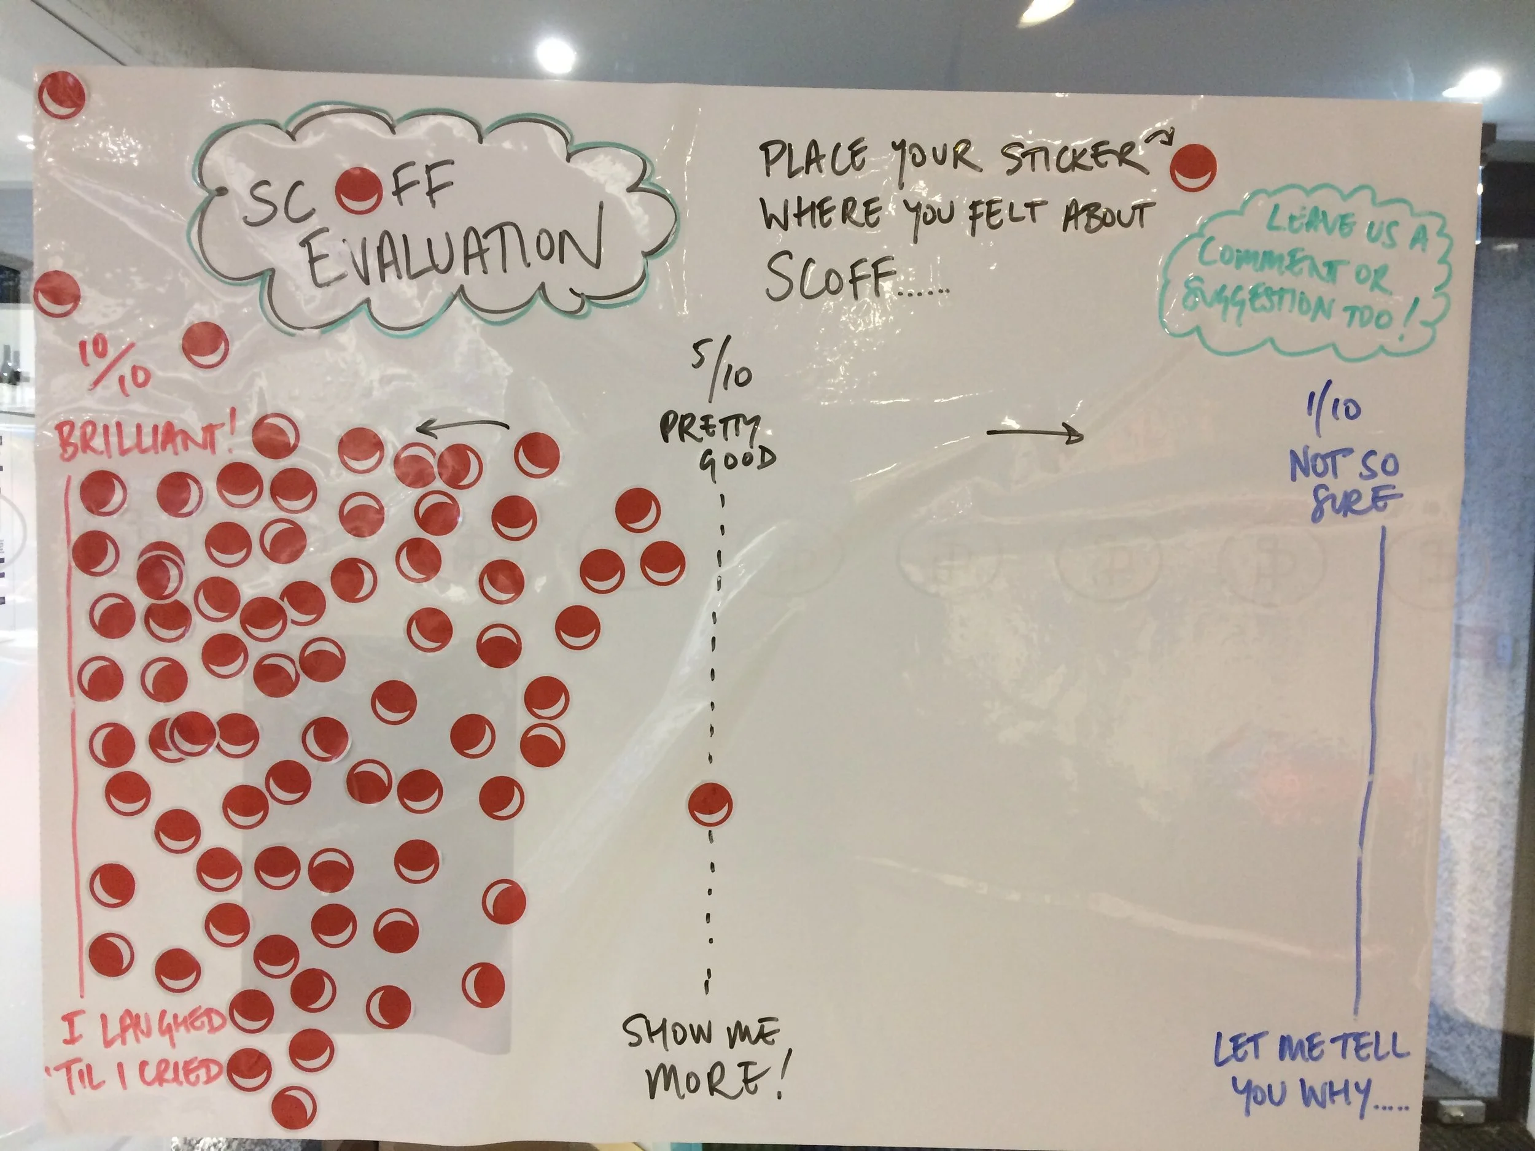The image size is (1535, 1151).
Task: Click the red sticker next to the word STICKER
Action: (1193, 167)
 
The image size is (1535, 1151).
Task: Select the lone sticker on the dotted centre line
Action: (710, 805)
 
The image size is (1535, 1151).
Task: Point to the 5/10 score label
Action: (721, 367)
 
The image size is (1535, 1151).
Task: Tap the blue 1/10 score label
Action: (1332, 409)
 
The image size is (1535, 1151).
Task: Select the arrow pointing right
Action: (1035, 435)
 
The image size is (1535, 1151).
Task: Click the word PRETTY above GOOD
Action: (709, 427)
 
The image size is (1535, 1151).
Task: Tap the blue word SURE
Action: (1355, 500)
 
